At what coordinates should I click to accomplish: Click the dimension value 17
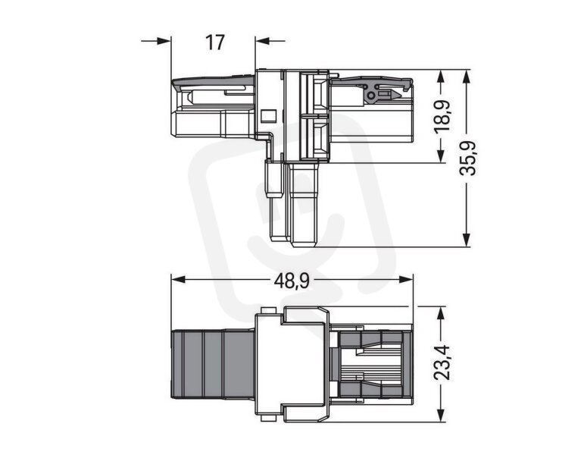tap(215, 42)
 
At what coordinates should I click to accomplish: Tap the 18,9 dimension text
tap(442, 115)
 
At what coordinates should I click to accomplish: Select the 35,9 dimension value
tap(467, 158)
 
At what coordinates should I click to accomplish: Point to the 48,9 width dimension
tap(292, 281)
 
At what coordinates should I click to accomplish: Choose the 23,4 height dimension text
tap(442, 363)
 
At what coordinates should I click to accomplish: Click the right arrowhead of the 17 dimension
tap(263, 41)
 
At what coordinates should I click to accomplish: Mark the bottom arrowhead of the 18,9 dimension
tap(441, 155)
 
